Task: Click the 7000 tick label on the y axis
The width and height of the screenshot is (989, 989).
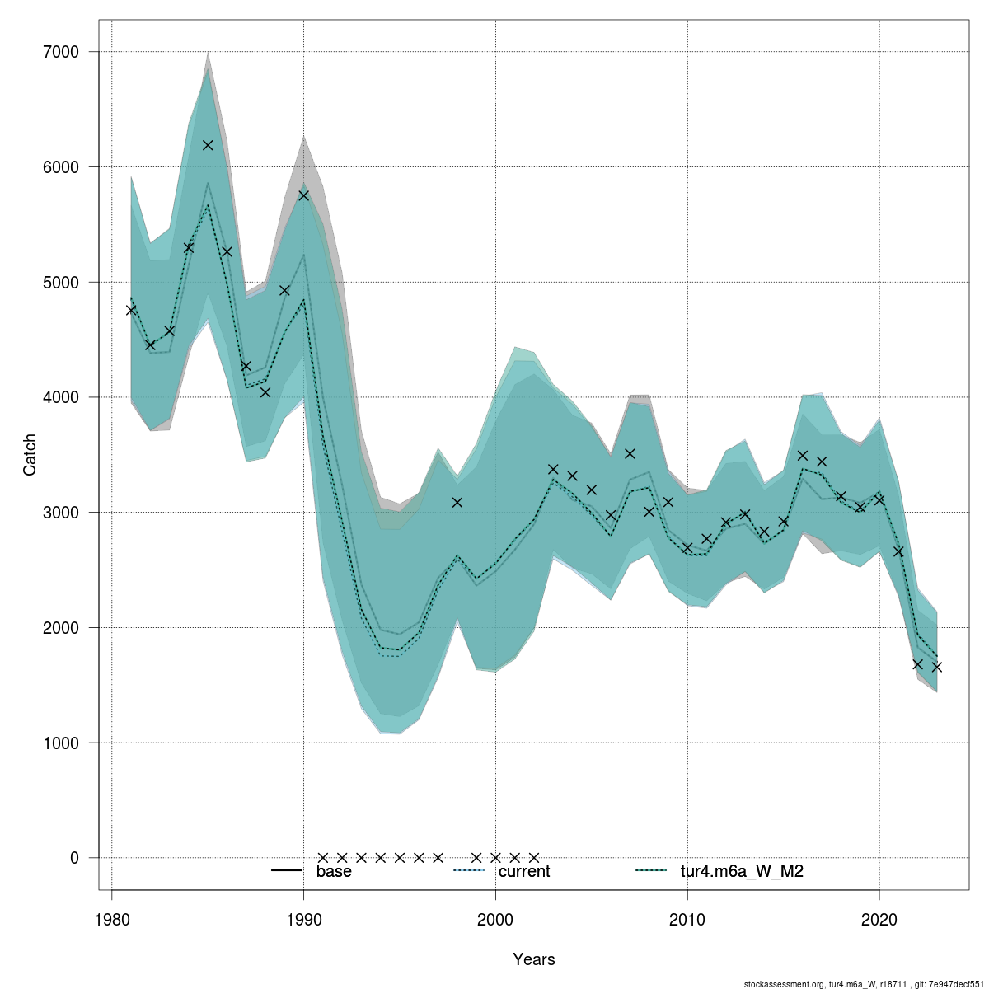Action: [63, 52]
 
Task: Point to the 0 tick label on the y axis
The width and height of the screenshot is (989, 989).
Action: [74, 858]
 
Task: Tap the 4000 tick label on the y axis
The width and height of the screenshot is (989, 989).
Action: [63, 397]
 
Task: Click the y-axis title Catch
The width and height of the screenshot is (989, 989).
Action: [30, 454]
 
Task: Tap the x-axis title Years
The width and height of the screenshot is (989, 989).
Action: [534, 959]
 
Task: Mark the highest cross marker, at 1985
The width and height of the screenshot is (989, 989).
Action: [208, 145]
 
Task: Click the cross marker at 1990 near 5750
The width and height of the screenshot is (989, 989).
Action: [303, 195]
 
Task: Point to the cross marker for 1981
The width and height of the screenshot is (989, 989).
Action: [131, 310]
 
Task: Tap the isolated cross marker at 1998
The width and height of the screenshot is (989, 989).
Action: [457, 502]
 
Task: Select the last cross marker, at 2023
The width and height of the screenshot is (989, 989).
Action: [937, 667]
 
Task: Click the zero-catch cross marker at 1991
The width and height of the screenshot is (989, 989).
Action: [323, 858]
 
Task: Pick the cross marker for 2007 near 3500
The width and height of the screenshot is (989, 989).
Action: [630, 453]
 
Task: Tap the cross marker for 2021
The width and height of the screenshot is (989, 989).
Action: [898, 551]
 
